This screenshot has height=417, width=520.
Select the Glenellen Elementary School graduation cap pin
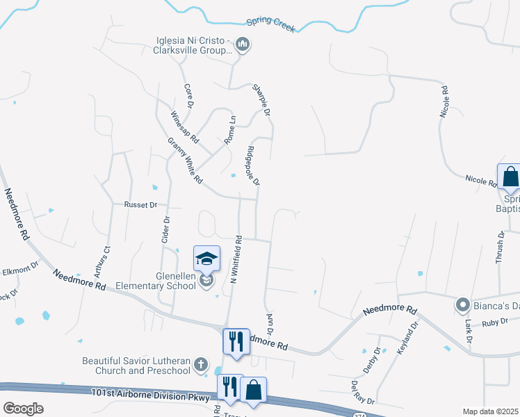pyautogui.click(x=206, y=259)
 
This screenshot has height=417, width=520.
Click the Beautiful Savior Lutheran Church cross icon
pyautogui.click(x=201, y=363)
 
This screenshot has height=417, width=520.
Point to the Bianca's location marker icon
pyautogui.click(x=462, y=304)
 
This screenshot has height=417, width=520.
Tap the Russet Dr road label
pyautogui.click(x=141, y=205)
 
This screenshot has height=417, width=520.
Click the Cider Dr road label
pyautogui.click(x=166, y=229)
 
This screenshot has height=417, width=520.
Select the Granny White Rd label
pyautogui.click(x=185, y=161)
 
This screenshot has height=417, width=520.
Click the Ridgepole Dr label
pyautogui.click(x=253, y=165)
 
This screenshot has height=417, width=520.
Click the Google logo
pyautogui.click(x=24, y=409)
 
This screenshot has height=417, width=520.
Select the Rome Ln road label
pyautogui.click(x=230, y=130)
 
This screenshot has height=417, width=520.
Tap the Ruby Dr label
pyautogui.click(x=495, y=322)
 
